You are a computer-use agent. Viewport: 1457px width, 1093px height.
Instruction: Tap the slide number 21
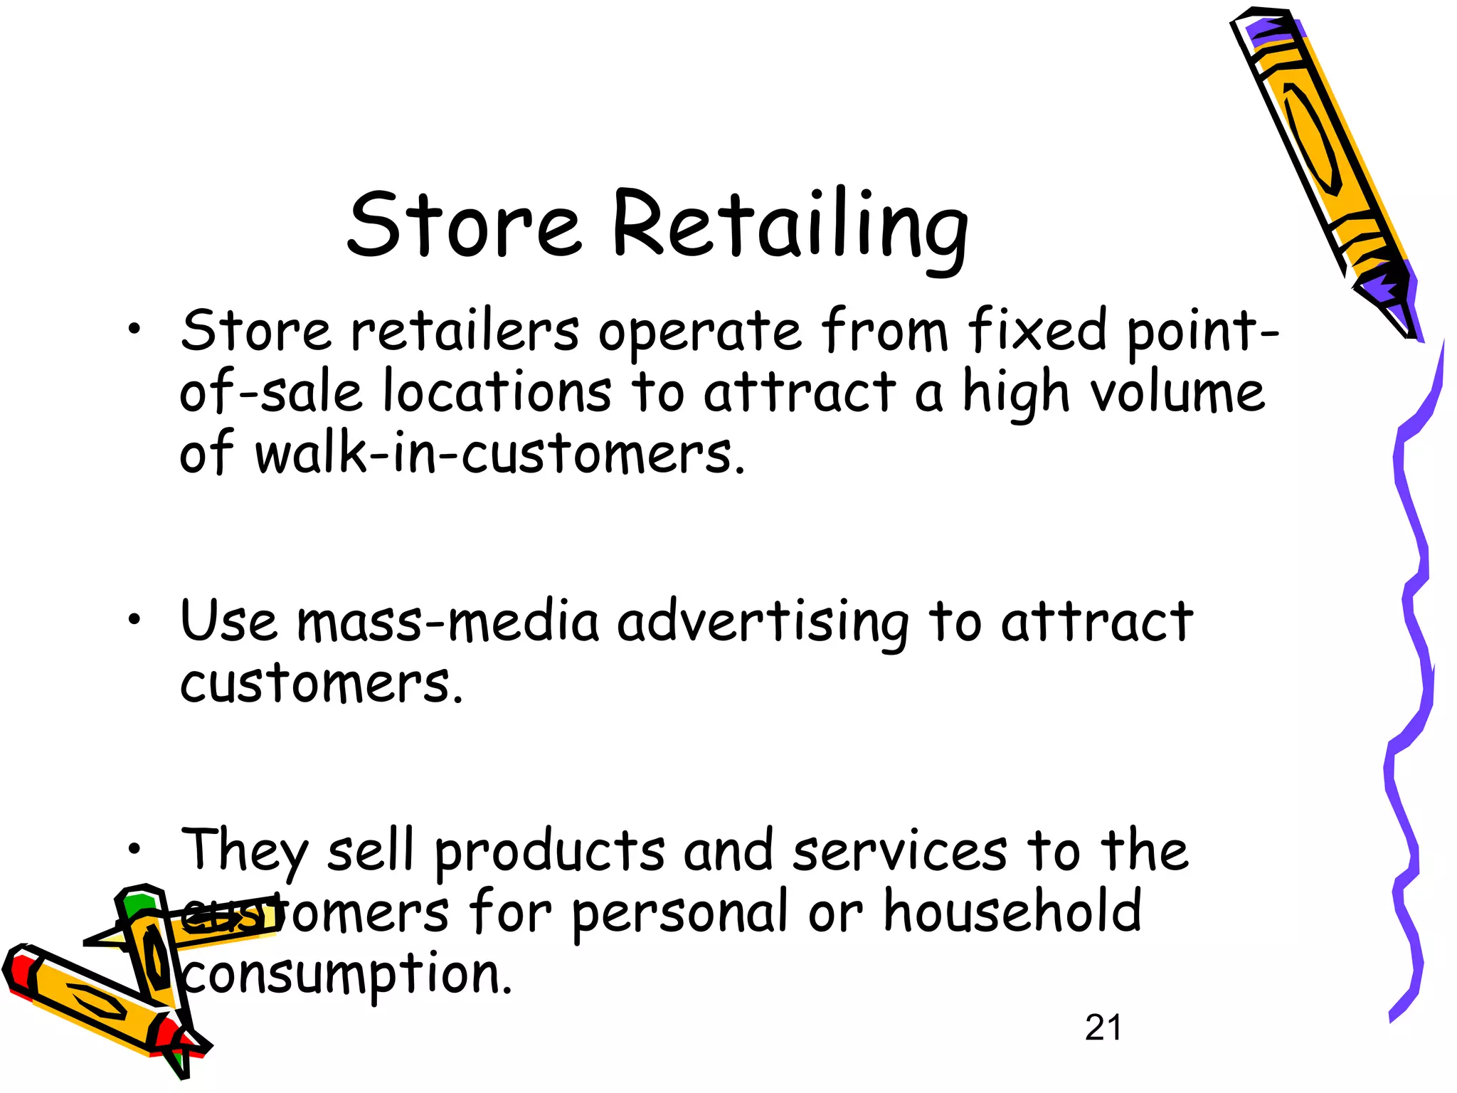point(1103,1028)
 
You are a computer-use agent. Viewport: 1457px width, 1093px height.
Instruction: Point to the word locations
point(497,392)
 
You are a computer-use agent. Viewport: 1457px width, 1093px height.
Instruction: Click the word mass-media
point(448,622)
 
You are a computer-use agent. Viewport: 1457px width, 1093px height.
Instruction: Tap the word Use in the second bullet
point(228,621)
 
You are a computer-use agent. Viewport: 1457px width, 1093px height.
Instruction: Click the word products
point(550,851)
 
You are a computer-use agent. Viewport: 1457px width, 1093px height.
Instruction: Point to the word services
point(900,851)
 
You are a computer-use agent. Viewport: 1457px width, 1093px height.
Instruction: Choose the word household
point(1012,912)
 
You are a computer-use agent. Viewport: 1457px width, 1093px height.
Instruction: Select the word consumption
point(347,975)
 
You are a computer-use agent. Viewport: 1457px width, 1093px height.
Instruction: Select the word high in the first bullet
point(1016,394)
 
